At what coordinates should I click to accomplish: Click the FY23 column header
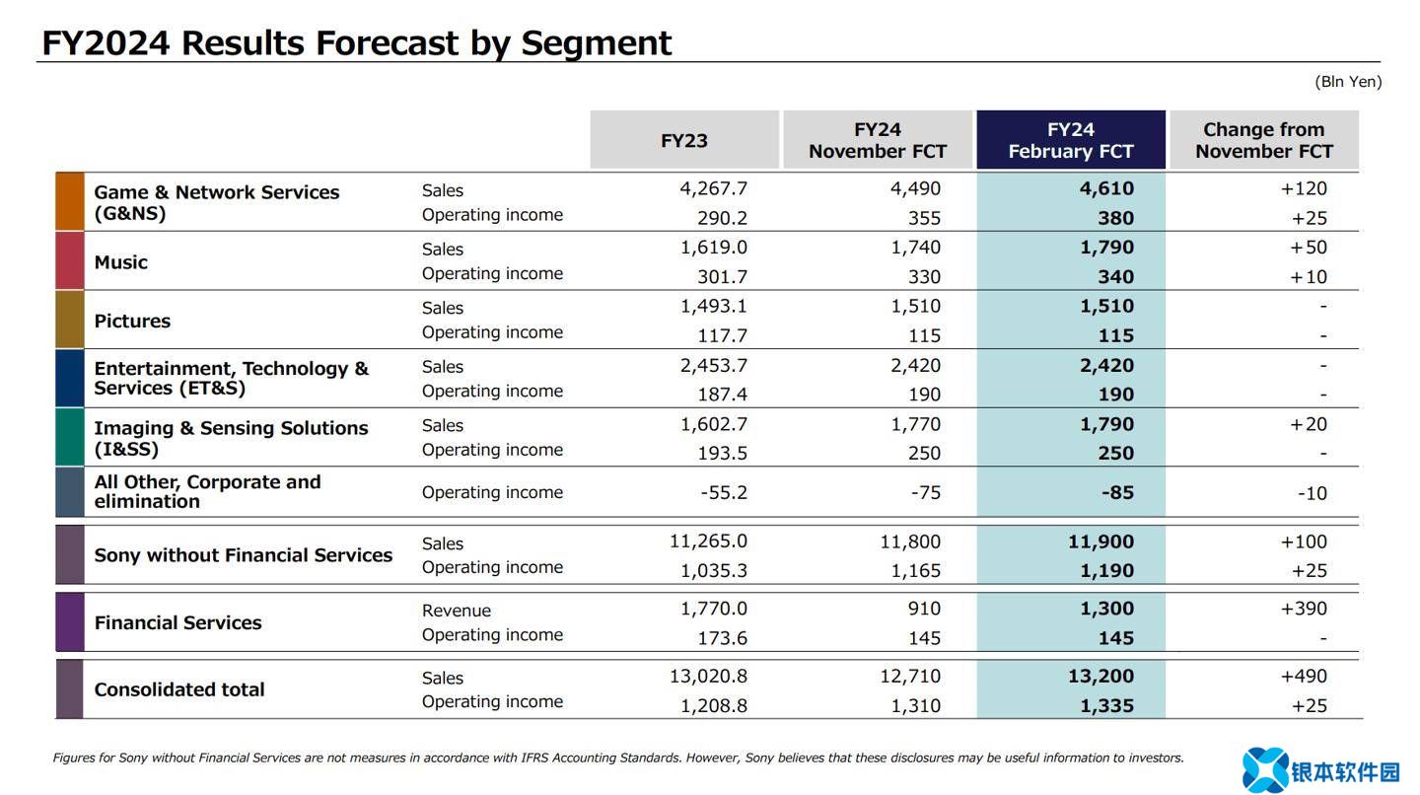coord(684,140)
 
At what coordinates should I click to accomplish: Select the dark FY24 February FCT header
coord(1070,140)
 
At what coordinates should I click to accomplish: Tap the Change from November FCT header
coord(1263,140)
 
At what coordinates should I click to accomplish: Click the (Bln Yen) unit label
coord(1348,82)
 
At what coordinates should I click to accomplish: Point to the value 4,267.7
coord(713,188)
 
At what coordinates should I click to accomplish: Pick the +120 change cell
coord(1304,188)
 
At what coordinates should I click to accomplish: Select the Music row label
coord(121,262)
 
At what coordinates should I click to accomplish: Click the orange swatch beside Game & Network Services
coord(70,202)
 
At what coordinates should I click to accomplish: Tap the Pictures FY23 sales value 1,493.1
coord(713,306)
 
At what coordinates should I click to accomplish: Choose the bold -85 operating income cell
coord(1117,492)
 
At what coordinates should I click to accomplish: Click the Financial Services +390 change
coord(1304,609)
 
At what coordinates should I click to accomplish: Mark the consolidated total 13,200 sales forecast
coord(1100,677)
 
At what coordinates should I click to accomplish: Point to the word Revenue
coord(457,611)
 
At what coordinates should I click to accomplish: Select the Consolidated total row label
coord(179,689)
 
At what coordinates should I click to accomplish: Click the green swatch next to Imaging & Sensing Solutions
coord(70,437)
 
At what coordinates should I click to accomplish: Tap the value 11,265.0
coord(708,542)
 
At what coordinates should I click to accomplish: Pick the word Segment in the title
coord(597,42)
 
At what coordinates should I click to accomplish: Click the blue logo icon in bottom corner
coord(1265,770)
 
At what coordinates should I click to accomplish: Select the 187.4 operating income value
coord(723,395)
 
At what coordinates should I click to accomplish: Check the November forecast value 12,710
coord(909,677)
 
